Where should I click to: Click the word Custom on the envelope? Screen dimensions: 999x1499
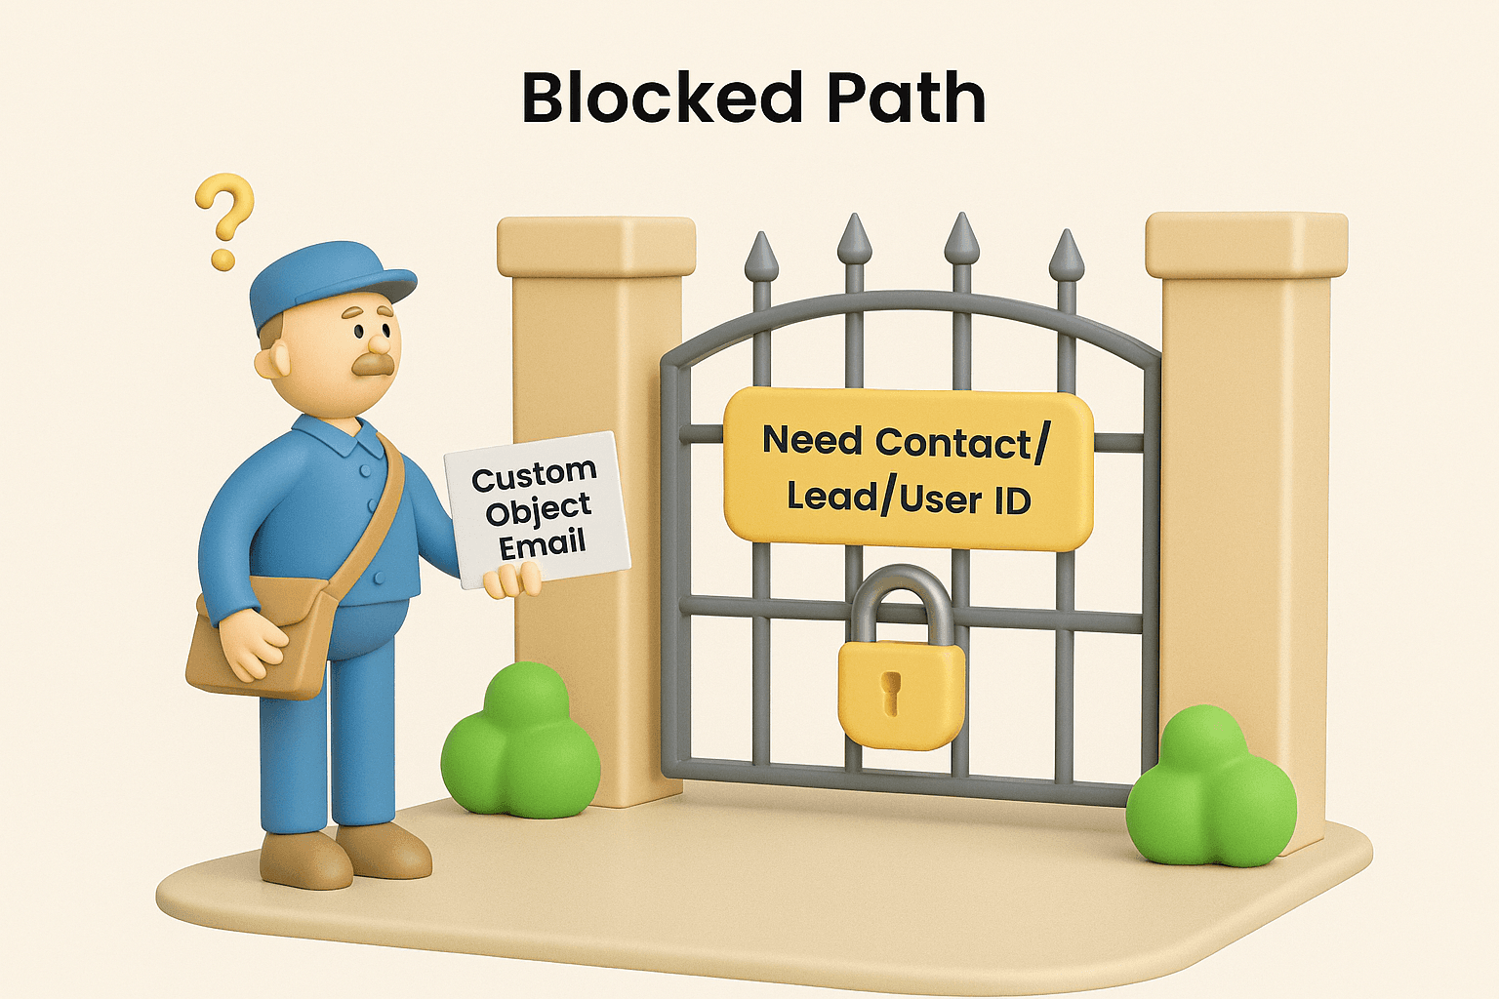(x=533, y=476)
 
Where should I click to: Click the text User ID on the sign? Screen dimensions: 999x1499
(x=965, y=499)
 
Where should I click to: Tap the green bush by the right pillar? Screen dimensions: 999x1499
(x=1210, y=790)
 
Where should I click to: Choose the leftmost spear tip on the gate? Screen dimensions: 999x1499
(x=761, y=257)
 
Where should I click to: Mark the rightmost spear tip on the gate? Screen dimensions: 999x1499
(x=1066, y=256)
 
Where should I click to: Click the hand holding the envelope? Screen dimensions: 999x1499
(x=511, y=581)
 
